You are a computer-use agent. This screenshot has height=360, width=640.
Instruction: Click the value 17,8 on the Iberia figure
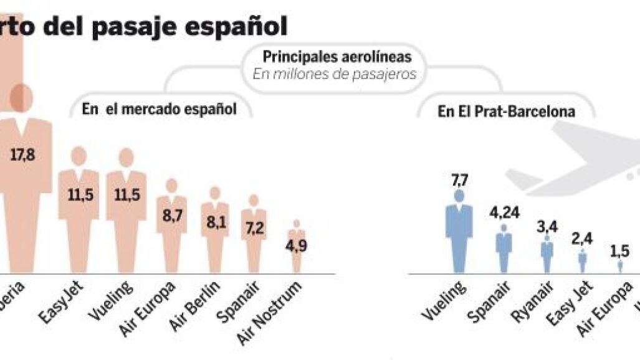tap(22, 154)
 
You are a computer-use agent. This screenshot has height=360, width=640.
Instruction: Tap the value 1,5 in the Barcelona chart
tap(620, 251)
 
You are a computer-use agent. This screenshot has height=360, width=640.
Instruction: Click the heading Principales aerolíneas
tap(337, 57)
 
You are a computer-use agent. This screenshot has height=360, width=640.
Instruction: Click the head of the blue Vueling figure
tap(459, 196)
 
